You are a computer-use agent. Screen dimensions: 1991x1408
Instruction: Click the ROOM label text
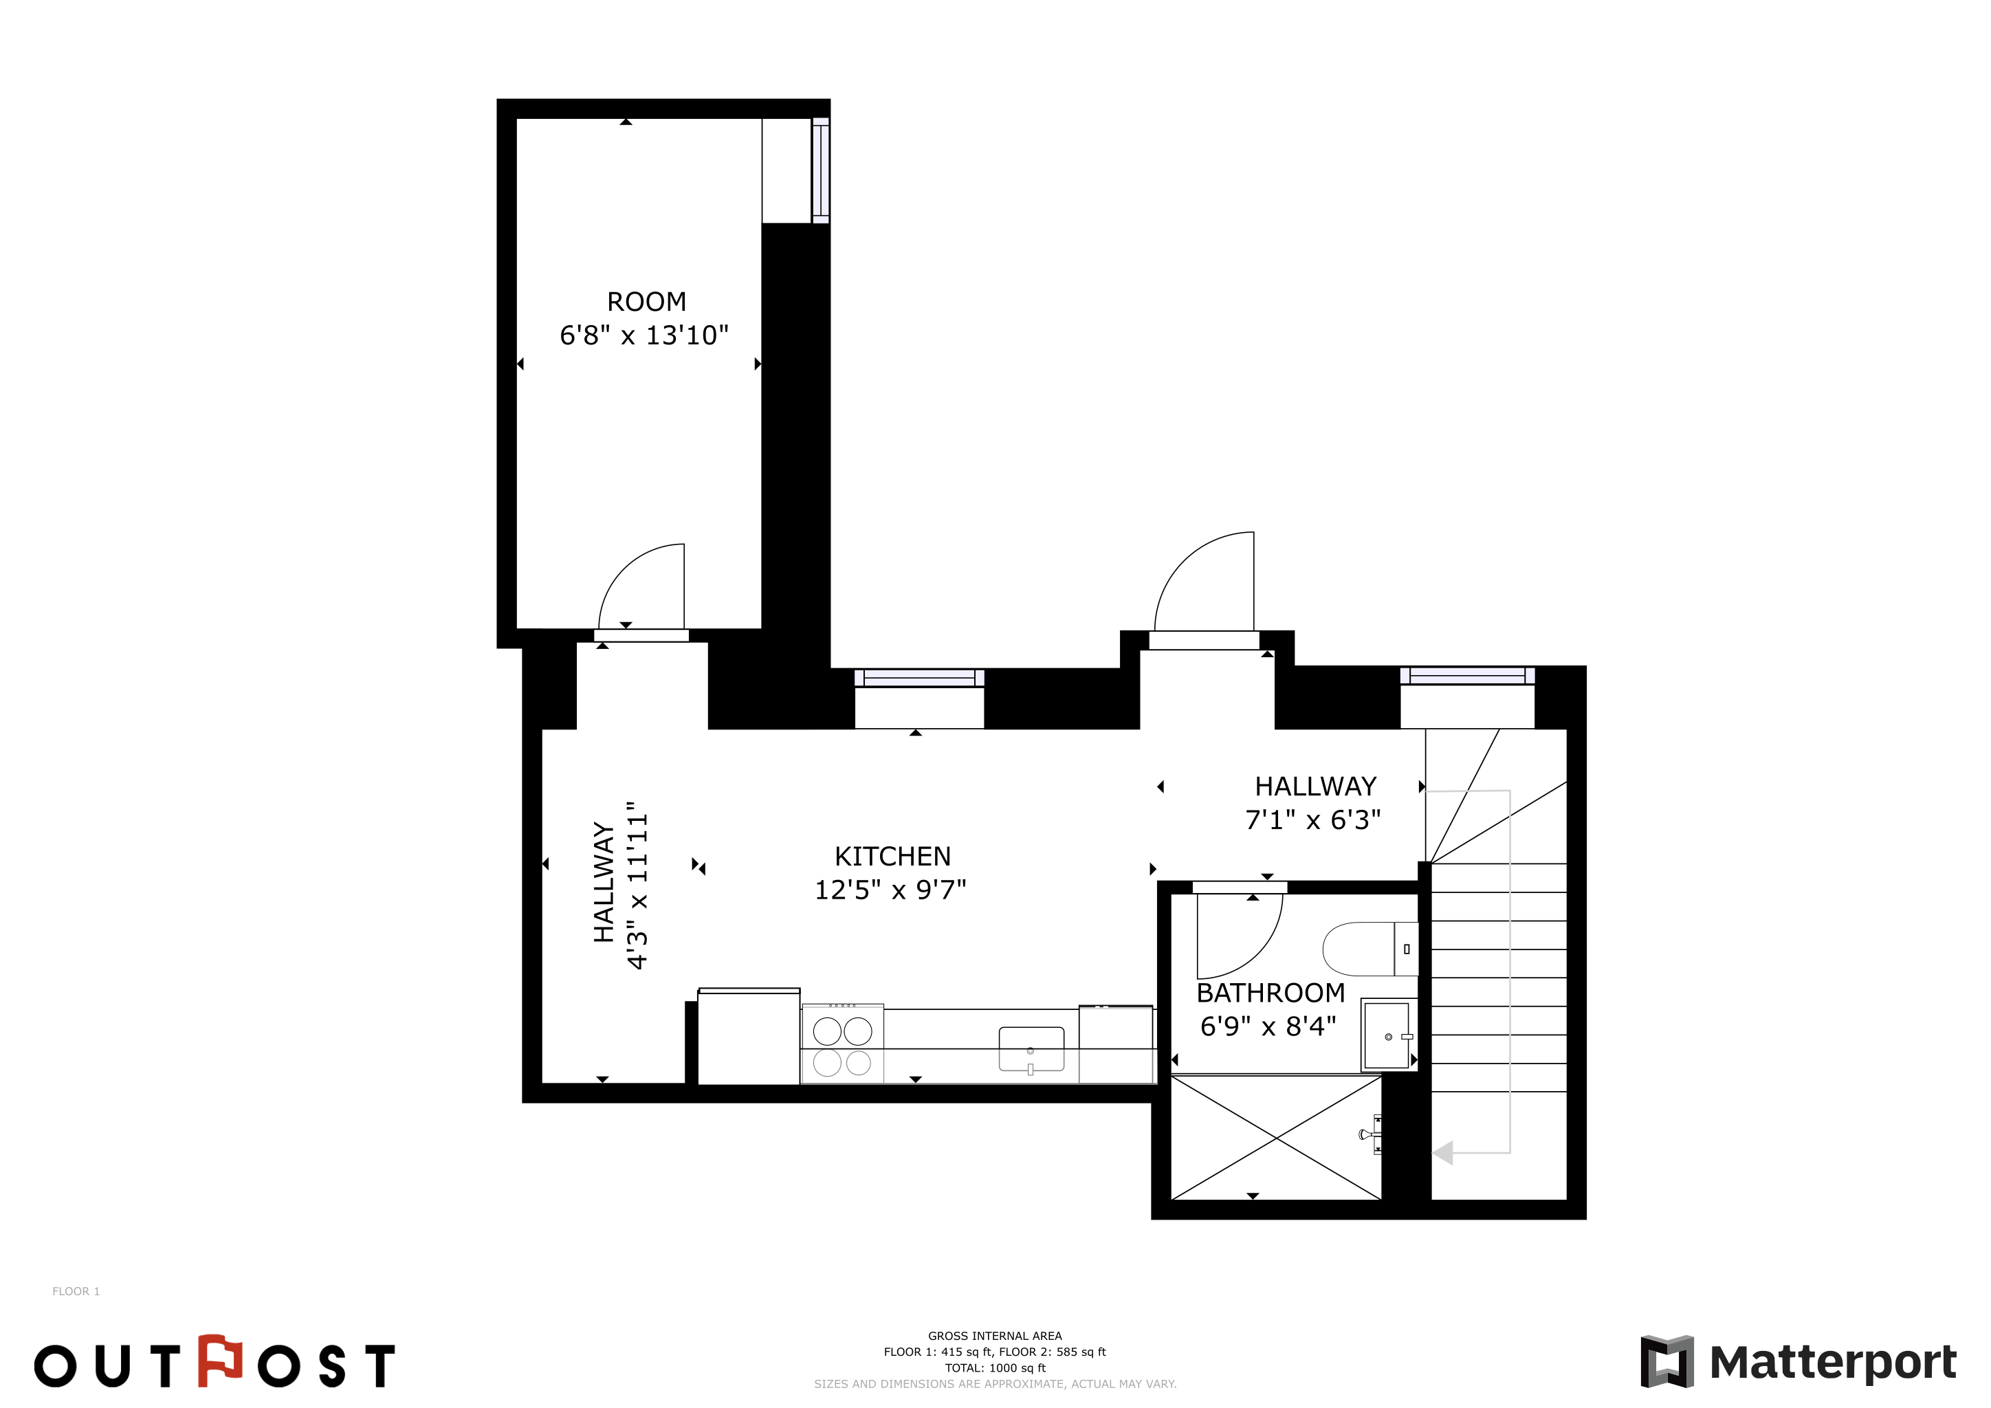[646, 302]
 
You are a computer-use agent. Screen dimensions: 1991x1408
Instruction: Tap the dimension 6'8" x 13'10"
[644, 335]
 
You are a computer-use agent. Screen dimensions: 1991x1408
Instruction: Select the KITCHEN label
[892, 857]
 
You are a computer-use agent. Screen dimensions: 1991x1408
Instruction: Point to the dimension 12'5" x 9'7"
[890, 890]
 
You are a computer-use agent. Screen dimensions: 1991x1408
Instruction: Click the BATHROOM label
[1270, 993]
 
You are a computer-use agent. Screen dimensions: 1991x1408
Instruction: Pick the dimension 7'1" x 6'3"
[1313, 819]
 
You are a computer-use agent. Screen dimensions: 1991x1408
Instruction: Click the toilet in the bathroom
[1370, 949]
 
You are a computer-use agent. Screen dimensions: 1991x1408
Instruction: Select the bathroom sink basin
[1387, 1035]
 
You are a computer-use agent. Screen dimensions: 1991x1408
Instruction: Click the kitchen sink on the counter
[1031, 1050]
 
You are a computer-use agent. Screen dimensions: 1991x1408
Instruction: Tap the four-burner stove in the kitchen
[842, 1044]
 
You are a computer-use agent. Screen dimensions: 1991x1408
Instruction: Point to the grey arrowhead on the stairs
[1442, 1153]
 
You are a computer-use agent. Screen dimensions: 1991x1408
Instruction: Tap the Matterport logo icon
[1666, 1362]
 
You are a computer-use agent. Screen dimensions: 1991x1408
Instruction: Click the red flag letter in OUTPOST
[219, 1361]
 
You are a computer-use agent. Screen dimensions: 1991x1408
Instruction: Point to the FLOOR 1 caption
[76, 1291]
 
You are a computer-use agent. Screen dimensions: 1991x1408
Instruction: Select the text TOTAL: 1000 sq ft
[995, 1368]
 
